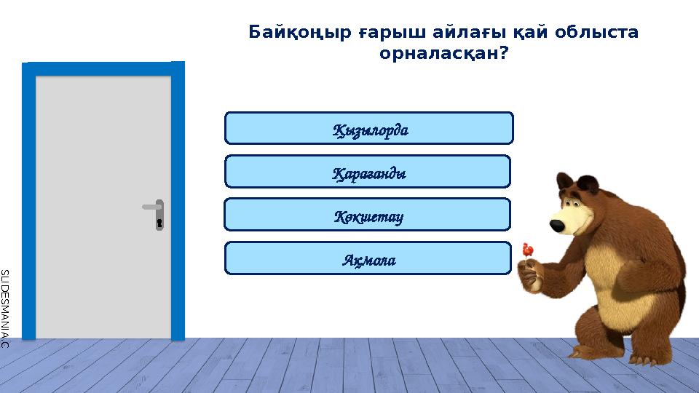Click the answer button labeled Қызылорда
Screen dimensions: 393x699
pyautogui.click(x=369, y=128)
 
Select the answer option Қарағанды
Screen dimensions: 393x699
pyautogui.click(x=368, y=172)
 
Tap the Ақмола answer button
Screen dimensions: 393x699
pyautogui.click(x=368, y=258)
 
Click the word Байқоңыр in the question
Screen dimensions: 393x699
pyautogui.click(x=299, y=33)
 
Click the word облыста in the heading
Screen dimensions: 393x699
pyautogui.click(x=596, y=33)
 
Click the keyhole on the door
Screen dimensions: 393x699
pyautogui.click(x=159, y=222)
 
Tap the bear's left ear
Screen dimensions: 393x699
pyautogui.click(x=564, y=180)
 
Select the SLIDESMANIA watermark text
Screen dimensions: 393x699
pyautogui.click(x=4, y=306)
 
